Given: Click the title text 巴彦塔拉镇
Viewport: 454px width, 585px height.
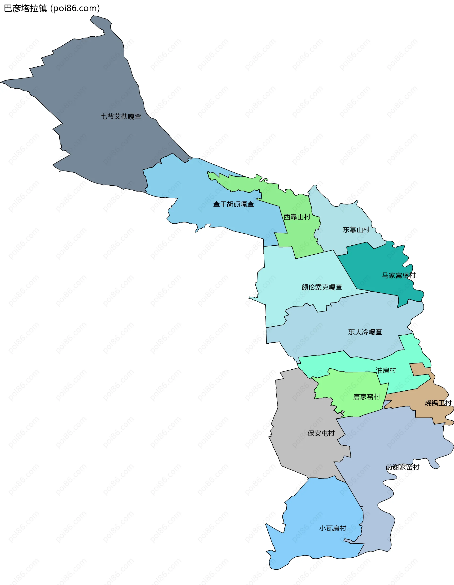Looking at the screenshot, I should click(26, 9).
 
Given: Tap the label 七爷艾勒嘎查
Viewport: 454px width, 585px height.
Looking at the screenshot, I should click(121, 116).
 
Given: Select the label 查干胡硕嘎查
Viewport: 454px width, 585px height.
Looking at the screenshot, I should click(233, 204).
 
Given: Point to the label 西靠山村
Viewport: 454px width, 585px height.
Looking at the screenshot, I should click(297, 217).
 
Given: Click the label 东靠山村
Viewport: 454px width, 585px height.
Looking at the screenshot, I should click(356, 230).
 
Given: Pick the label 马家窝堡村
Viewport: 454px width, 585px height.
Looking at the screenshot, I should click(398, 275).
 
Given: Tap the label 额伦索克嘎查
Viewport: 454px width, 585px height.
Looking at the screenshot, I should click(322, 287).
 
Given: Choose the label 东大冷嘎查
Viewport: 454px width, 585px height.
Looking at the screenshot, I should click(365, 332).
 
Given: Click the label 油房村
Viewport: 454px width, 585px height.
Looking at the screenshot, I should click(386, 371).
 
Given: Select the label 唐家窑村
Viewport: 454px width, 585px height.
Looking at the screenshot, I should click(366, 397).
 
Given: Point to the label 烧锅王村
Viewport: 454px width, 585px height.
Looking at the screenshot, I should click(438, 403).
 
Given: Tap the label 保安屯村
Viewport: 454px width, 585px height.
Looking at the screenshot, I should click(321, 433).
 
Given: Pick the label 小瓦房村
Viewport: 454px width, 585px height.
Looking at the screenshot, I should click(332, 528).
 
